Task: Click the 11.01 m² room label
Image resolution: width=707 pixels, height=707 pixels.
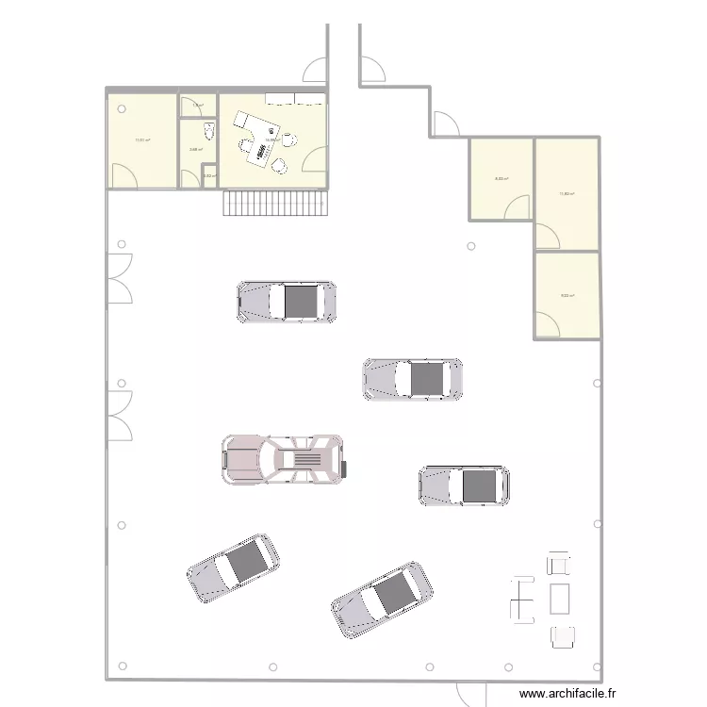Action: pos(142,140)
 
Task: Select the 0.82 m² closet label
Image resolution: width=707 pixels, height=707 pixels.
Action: pos(209,175)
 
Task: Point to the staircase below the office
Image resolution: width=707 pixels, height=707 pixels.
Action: pos(274,203)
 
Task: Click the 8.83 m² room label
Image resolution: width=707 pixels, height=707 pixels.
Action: pos(501,179)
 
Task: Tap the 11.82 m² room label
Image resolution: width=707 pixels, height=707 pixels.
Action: pos(567,194)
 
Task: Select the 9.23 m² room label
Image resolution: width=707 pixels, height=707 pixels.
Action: pos(567,296)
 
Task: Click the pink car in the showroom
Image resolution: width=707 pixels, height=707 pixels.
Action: pos(284,459)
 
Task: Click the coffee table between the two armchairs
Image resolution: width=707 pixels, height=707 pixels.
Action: pos(560,598)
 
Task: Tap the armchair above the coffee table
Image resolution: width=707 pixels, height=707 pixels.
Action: pos(559,564)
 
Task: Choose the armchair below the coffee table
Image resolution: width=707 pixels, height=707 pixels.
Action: pos(563,637)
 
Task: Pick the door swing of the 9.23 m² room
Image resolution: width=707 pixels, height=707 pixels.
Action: pos(551,323)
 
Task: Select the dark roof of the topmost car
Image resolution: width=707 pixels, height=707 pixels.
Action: pos(301,301)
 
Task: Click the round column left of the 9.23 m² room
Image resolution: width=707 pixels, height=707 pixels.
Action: pos(470,247)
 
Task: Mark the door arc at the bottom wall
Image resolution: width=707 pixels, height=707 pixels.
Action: pos(470,692)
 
